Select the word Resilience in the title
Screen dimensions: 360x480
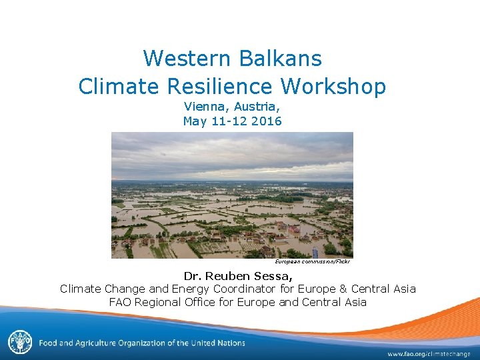pyautogui.click(x=218, y=86)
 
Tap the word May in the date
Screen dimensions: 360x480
pyautogui.click(x=195, y=121)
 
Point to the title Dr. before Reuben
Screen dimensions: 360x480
pyautogui.click(x=192, y=275)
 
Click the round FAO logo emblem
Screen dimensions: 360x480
pyautogui.click(x=19, y=343)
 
